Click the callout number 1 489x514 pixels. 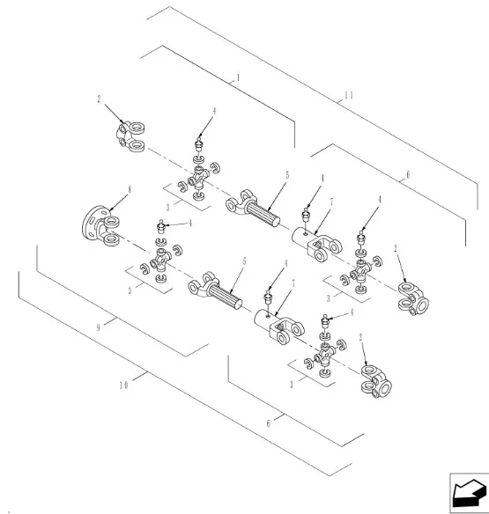tap(238, 78)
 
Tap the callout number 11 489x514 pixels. tap(349, 95)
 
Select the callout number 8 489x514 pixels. tap(130, 189)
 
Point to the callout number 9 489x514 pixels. tap(98, 327)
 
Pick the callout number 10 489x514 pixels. tap(123, 385)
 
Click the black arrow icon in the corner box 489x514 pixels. tap(470, 493)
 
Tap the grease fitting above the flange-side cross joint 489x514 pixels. tap(161, 227)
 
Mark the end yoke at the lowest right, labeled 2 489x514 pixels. tap(376, 381)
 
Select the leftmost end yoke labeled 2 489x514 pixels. tap(130, 137)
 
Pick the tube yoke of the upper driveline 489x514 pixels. tap(317, 245)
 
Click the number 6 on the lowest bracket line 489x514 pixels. tap(269, 423)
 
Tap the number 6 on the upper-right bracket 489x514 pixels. tap(408, 175)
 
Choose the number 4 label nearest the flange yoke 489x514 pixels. tap(189, 224)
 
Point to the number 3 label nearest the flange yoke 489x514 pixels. tap(130, 290)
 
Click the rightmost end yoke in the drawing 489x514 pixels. tap(413, 298)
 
